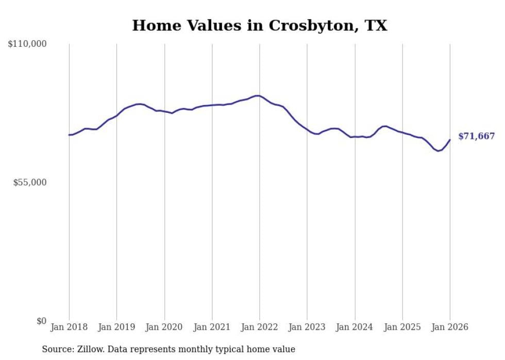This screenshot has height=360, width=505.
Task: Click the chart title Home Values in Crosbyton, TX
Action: click(x=259, y=25)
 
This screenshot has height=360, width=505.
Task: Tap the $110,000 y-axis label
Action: click(x=27, y=44)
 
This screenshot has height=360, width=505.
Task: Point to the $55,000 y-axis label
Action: click(x=30, y=182)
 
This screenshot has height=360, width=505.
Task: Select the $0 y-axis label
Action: click(x=41, y=321)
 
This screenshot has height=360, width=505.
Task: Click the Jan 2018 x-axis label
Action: click(x=69, y=327)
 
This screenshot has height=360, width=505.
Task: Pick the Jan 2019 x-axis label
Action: click(x=116, y=327)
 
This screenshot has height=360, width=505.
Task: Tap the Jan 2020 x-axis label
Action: click(x=164, y=327)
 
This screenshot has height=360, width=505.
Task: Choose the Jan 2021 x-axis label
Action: click(x=212, y=327)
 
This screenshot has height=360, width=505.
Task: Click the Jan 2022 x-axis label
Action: click(x=260, y=327)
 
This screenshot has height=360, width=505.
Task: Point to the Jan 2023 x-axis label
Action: click(x=307, y=327)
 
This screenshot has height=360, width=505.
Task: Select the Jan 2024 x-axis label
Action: click(x=355, y=327)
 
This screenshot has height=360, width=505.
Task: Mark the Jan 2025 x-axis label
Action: click(x=402, y=327)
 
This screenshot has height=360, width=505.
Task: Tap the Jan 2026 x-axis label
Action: click(x=450, y=327)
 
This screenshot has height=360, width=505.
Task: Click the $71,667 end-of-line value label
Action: click(x=476, y=136)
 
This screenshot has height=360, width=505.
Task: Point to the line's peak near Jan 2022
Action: click(x=257, y=96)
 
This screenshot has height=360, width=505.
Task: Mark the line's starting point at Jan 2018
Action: click(x=69, y=135)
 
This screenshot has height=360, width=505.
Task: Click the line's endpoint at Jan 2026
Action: click(x=450, y=140)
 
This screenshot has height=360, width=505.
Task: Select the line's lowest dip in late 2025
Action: click(x=438, y=151)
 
